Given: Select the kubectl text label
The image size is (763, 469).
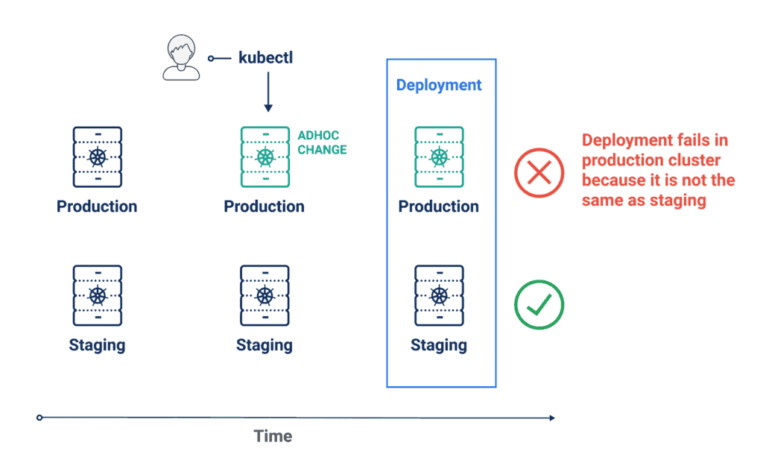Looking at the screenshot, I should click(265, 57).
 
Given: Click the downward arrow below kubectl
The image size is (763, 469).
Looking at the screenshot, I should click(268, 93).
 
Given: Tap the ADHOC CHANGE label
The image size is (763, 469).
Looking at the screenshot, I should click(322, 142).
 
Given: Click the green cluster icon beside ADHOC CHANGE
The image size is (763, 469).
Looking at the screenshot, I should click(265, 157).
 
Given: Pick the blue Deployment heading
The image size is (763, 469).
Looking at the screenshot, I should click(439, 85).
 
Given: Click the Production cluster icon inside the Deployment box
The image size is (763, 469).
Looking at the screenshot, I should click(439, 157).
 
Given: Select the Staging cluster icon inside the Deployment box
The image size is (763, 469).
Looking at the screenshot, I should click(439, 295).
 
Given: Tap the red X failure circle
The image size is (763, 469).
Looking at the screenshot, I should click(539, 174).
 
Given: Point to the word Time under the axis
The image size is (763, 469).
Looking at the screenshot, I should click(273, 437).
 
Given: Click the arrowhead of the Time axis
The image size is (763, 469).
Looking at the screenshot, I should click(551, 418).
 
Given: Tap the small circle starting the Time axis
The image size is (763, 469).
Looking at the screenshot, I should click(39, 418).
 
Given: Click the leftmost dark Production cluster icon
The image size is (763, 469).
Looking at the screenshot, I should click(97, 157).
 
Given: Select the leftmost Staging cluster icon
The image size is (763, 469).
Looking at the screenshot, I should click(97, 295).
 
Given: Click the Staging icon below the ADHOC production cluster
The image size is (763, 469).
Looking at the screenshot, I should click(265, 295).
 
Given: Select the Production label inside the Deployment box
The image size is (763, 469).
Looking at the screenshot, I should click(439, 207).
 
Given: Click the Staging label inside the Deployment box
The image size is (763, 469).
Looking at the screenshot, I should click(439, 345).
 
